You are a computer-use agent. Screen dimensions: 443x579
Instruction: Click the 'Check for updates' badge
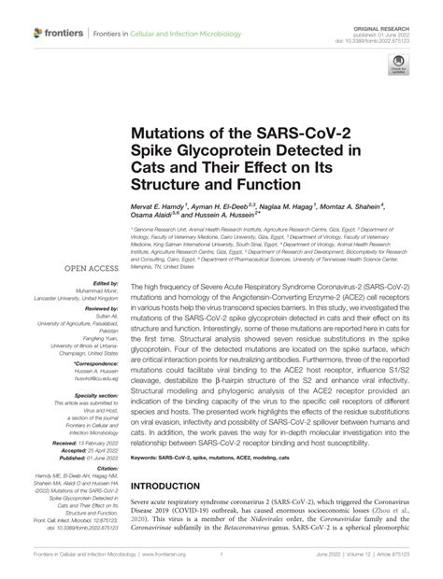(x=401, y=70)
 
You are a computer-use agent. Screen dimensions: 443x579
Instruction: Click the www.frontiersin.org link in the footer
(x=222, y=567)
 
